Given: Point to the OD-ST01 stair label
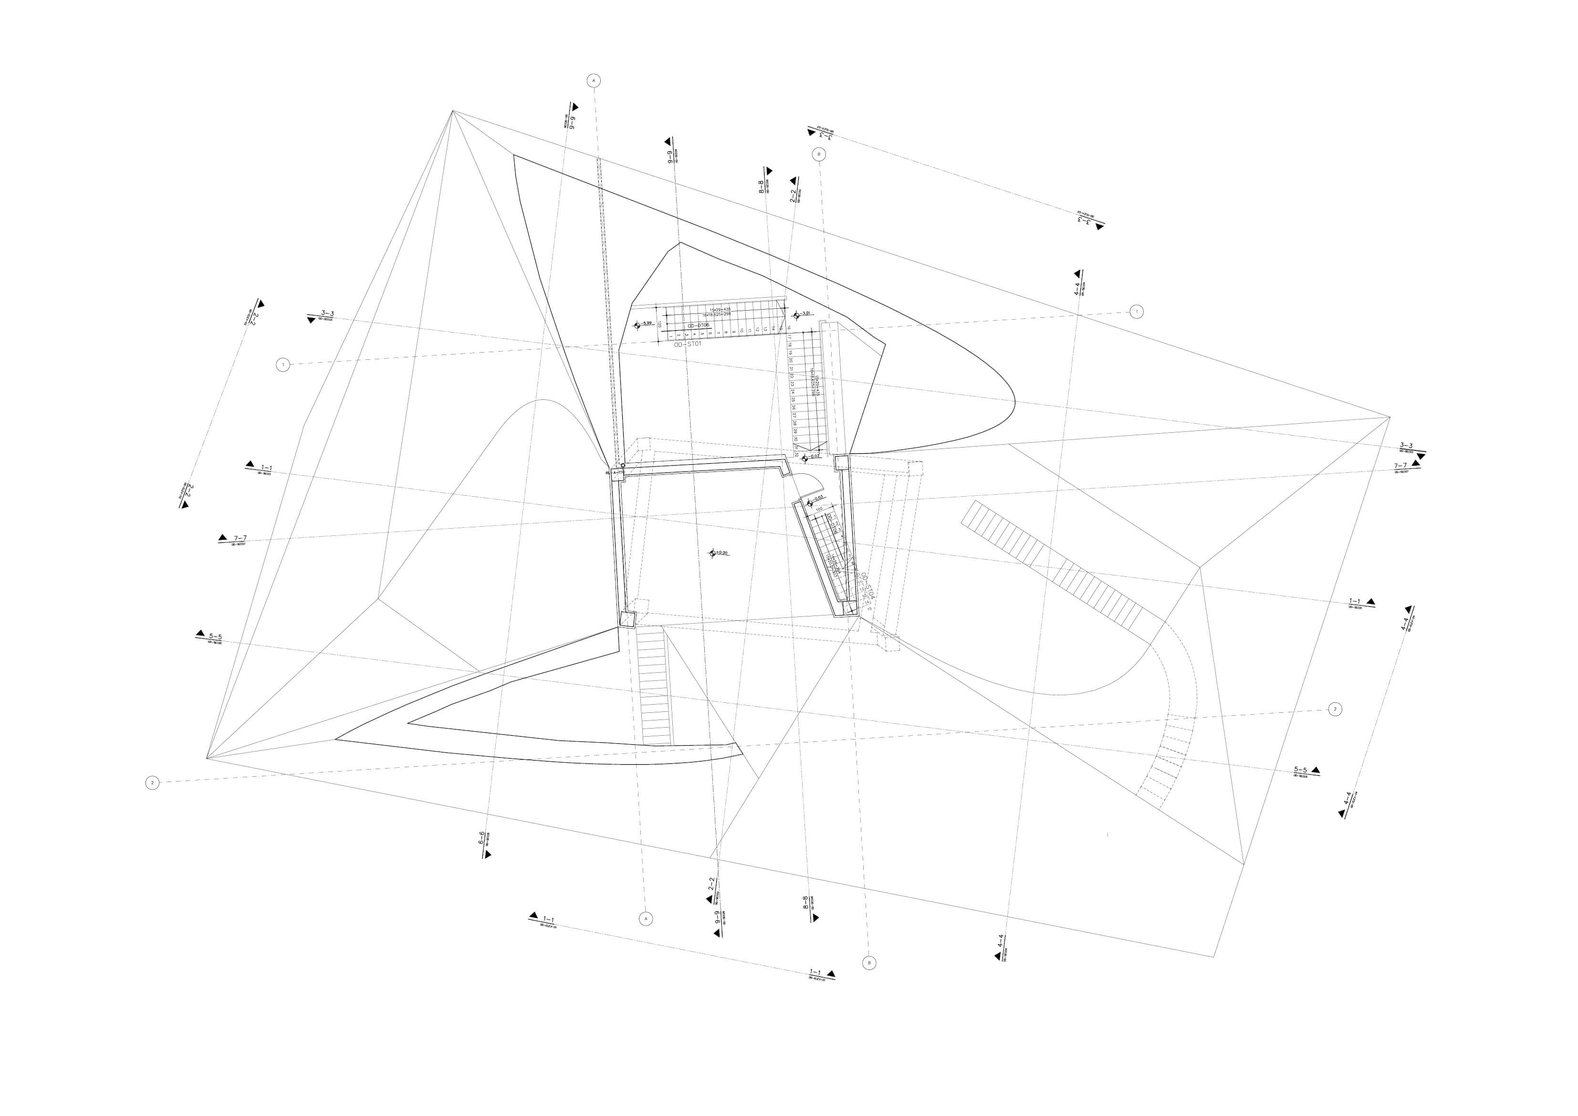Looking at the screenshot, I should pos(687,345).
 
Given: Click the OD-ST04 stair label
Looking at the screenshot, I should pos(868,587).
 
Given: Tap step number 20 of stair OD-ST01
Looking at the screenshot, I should pos(792,359).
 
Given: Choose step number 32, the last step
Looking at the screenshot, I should pos(796,454).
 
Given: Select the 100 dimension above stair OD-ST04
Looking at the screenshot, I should pos(818,509).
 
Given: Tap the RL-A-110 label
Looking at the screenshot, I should pos(614,473).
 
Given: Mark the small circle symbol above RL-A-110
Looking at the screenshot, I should pos(623,465).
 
